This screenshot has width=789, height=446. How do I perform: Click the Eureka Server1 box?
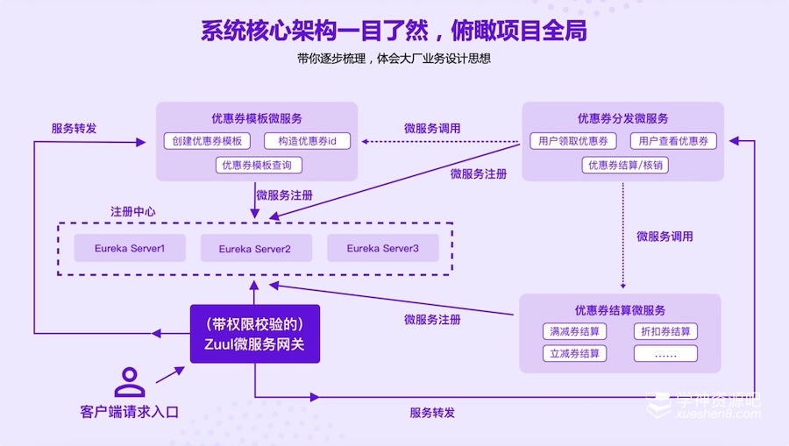(x=130, y=248)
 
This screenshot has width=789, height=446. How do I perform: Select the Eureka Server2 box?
(x=254, y=249)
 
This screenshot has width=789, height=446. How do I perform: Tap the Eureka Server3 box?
(x=382, y=248)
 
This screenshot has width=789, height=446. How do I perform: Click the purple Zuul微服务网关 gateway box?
(x=255, y=334)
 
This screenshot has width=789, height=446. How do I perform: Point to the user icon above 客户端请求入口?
(x=130, y=382)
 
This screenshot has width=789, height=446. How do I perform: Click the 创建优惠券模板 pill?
(x=207, y=141)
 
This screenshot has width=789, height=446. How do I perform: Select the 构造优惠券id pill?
(x=307, y=141)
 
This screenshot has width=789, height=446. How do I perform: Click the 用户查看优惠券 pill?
(x=672, y=141)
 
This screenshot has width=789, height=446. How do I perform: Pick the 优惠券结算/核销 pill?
(x=625, y=165)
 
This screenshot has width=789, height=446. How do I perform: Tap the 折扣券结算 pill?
(x=665, y=331)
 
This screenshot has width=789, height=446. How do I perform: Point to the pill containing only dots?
(x=665, y=353)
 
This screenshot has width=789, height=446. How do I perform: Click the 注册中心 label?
(x=133, y=211)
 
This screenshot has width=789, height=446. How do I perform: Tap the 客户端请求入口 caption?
(x=129, y=411)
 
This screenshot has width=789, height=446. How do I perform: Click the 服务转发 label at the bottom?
(x=431, y=412)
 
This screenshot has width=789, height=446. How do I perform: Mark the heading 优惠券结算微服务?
(x=620, y=309)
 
